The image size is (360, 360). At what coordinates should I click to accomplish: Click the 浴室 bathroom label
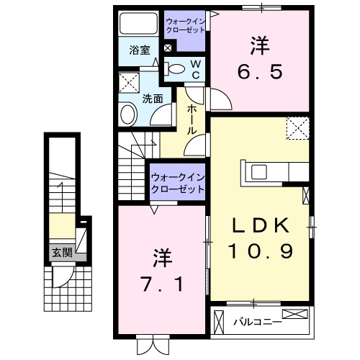click(140, 50)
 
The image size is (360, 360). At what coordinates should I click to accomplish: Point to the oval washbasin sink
click(129, 114)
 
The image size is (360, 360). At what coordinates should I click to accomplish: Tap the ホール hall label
click(193, 121)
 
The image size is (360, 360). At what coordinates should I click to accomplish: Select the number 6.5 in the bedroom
click(260, 60)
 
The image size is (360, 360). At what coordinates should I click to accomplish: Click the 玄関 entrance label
click(61, 253)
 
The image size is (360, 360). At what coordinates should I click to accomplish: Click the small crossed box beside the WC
click(168, 48)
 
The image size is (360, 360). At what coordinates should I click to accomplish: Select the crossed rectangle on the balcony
click(297, 315)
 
